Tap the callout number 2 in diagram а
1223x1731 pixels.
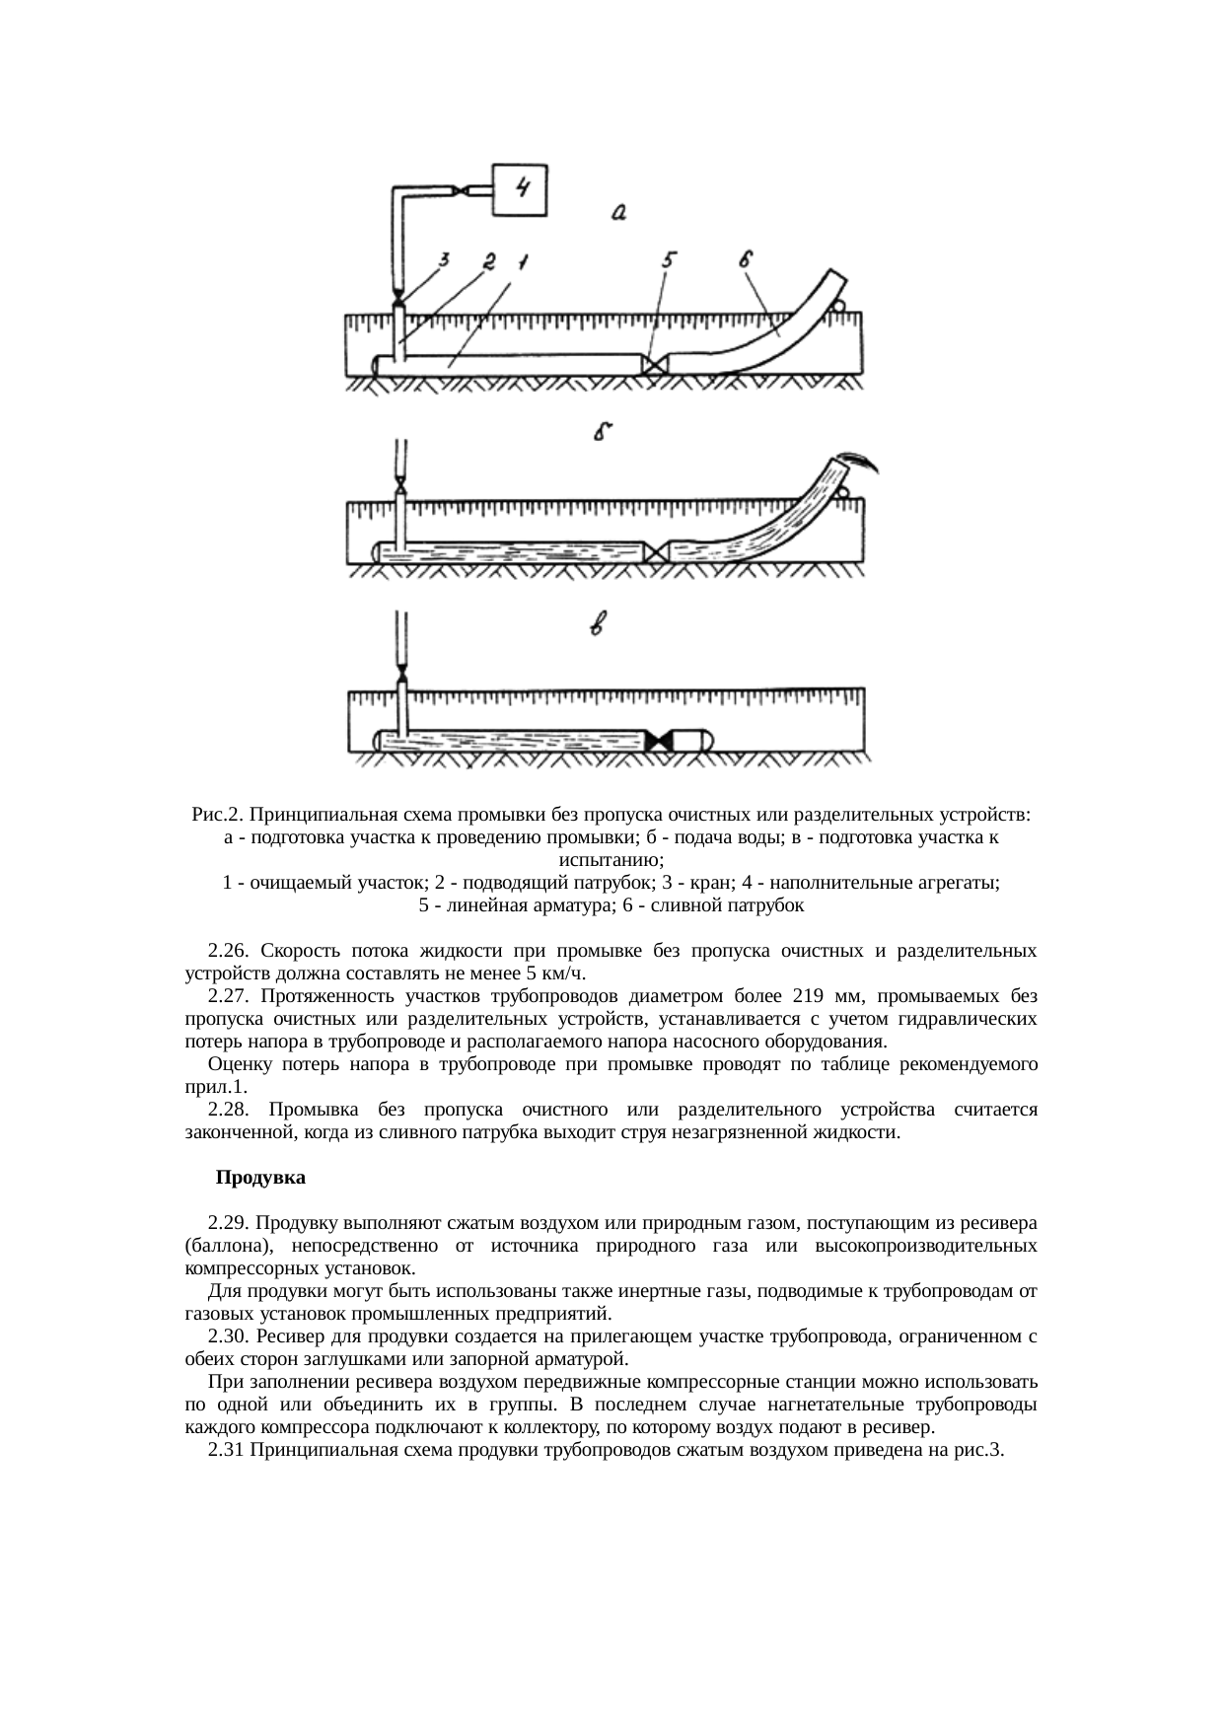click(x=487, y=260)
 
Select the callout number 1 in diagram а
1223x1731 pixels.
click(x=522, y=261)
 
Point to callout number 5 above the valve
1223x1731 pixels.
click(x=669, y=259)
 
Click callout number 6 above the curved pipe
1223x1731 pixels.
click(x=746, y=259)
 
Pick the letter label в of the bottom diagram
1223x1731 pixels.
click(x=598, y=624)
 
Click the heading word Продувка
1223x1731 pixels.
click(x=260, y=1178)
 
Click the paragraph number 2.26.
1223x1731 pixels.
click(x=227, y=951)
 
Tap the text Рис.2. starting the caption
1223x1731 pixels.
click(x=217, y=816)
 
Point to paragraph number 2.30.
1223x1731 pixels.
click(x=227, y=1336)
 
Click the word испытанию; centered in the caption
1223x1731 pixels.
click(x=611, y=860)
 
